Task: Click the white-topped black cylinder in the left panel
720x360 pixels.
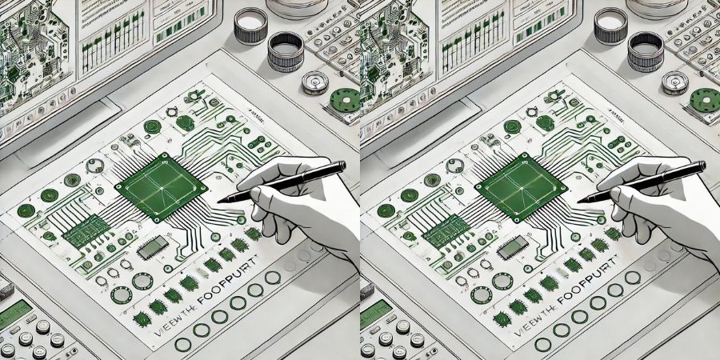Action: [250, 25]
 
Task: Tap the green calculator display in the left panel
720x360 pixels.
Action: [14, 313]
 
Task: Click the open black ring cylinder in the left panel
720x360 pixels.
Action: [286, 51]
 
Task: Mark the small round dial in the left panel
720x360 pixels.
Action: [315, 82]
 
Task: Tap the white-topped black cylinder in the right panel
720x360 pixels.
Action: [610, 25]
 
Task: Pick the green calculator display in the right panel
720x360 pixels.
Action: [374, 313]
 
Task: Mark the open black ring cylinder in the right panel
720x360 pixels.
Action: [646, 51]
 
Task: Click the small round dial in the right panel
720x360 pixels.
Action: [675, 82]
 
